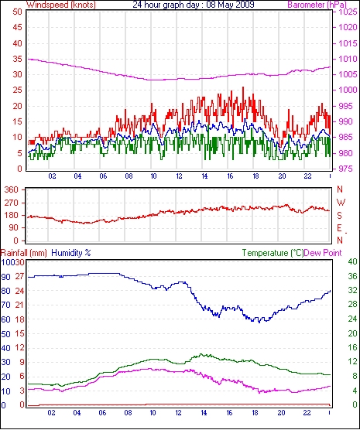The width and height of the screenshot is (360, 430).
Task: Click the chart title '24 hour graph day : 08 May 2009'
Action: point(194,5)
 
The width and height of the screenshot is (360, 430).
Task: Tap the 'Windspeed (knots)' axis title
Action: point(61,5)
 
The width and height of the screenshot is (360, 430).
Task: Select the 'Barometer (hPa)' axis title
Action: point(317,5)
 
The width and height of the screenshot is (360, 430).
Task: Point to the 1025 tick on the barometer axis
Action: point(348,12)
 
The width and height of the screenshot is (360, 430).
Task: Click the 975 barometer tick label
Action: point(346,169)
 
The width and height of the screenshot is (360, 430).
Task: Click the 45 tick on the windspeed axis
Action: point(17,27)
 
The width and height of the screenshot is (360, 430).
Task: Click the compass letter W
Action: point(341,203)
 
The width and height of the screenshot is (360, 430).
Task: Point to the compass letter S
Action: point(340,216)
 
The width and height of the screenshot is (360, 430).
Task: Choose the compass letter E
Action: point(339,228)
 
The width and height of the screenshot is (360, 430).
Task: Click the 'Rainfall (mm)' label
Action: point(24,253)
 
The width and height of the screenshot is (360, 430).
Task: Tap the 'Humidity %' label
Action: point(71,253)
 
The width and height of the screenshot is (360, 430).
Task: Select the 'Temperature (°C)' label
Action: point(273,253)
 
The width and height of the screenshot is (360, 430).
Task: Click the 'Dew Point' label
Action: point(323,253)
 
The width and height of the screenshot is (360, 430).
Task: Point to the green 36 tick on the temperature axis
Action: point(352,276)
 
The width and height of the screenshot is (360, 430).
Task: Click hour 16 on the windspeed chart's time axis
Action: point(230,176)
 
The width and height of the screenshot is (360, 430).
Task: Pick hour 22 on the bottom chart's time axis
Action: point(307,412)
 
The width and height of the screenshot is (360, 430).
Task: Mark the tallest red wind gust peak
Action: point(243,87)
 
